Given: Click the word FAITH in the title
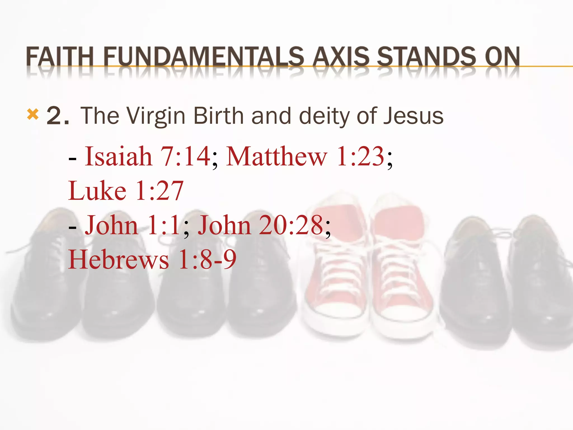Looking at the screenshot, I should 59,57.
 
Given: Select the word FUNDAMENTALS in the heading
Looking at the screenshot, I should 203,57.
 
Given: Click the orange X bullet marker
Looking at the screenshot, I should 33,114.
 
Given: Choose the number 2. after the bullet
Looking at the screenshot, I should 58,116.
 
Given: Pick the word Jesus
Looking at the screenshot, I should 413,116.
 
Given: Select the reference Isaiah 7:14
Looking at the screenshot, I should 147,156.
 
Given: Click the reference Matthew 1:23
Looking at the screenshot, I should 305,156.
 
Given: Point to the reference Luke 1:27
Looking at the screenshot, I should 126,191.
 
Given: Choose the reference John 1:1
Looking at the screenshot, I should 133,225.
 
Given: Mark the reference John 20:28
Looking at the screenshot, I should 260,225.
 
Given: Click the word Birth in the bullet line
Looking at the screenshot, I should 219,116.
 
